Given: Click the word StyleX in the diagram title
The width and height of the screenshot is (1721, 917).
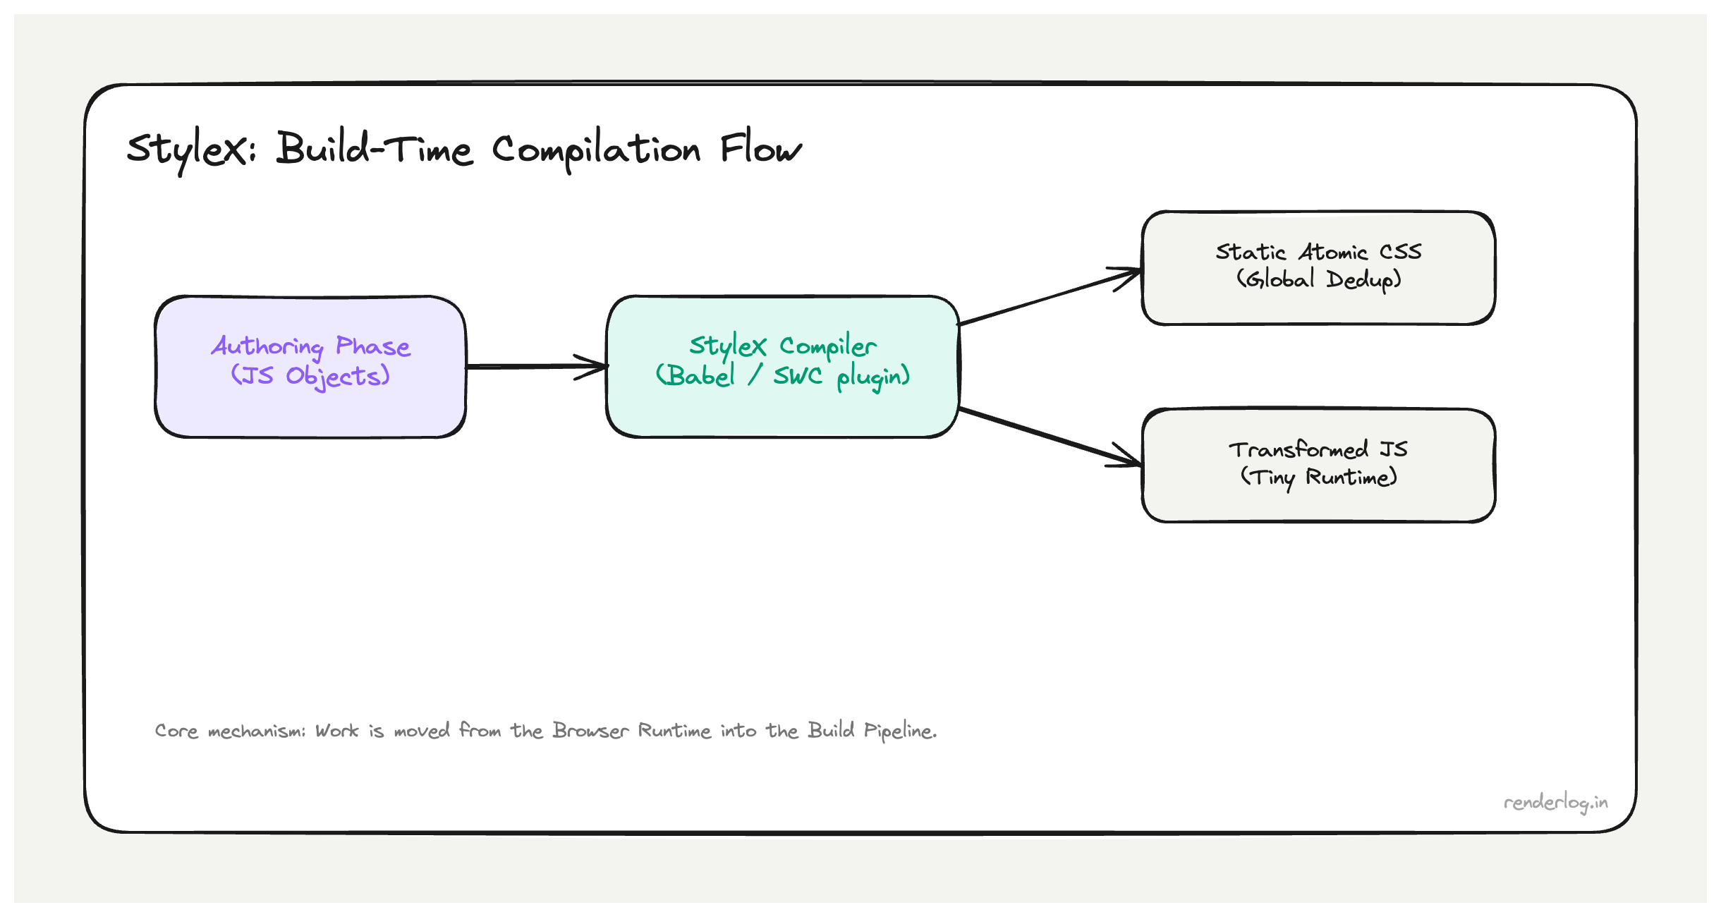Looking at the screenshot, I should (x=189, y=150).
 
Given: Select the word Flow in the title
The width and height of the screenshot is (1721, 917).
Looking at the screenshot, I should (x=760, y=149).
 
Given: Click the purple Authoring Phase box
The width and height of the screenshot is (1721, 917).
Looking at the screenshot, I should (x=310, y=409).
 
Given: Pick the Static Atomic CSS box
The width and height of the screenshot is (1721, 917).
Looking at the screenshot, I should (x=1318, y=303).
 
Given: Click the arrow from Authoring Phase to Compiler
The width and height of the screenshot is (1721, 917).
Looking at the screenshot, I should (x=536, y=366).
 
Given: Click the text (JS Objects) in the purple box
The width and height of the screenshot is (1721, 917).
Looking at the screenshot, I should (x=310, y=376).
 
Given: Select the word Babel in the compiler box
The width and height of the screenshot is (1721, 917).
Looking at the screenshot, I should (x=700, y=376).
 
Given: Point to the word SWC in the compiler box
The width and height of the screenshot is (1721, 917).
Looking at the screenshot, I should (x=798, y=376).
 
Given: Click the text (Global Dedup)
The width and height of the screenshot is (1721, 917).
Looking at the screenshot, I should (x=1318, y=280).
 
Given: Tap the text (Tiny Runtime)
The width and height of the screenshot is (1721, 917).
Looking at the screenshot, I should (x=1318, y=478).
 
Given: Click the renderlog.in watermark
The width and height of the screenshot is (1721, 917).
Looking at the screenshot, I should (x=1555, y=803).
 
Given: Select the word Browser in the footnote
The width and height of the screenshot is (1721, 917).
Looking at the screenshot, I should (x=590, y=731).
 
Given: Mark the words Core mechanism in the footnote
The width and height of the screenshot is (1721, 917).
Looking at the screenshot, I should (x=229, y=731).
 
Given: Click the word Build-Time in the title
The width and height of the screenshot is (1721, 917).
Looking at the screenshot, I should (x=374, y=149).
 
